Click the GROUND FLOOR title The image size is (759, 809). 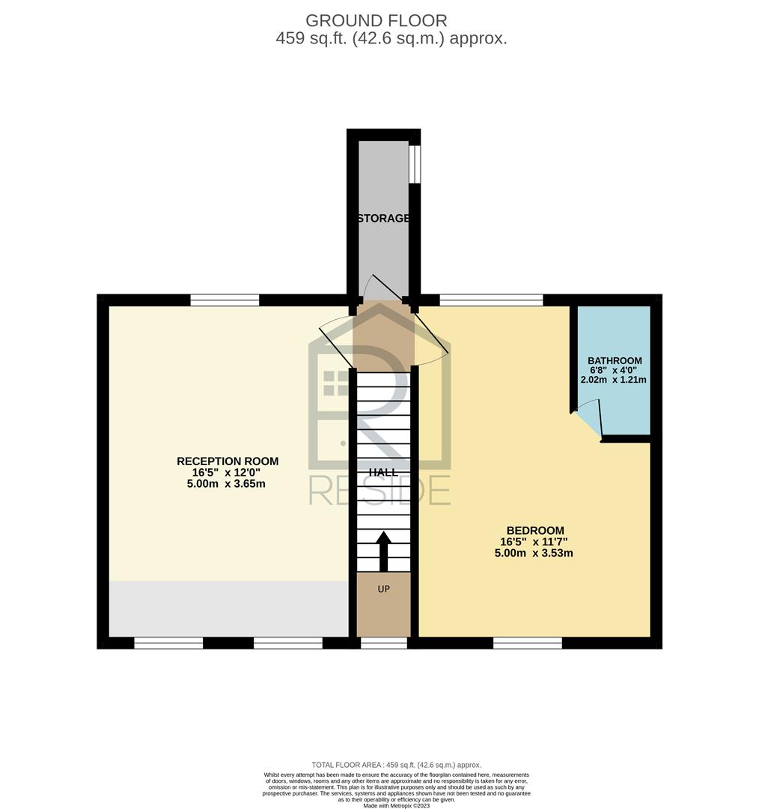coord(377,21)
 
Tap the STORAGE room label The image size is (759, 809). coord(384,218)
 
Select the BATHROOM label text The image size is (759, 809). coord(615,360)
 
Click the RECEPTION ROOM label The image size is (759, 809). coord(228,461)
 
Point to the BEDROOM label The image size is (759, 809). coord(535,530)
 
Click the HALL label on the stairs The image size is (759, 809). coord(383,472)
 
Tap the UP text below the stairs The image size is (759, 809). coord(384,589)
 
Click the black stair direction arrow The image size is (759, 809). coord(384,551)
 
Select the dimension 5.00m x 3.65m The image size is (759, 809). coord(226,484)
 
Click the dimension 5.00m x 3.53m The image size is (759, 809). coord(534,553)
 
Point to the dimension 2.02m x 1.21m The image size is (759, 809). coord(614,380)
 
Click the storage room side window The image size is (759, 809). coord(415,163)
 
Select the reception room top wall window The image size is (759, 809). coord(225,300)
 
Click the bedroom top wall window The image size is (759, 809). coord(491,300)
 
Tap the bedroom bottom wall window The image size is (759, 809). coord(528,643)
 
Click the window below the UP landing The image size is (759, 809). coord(384,643)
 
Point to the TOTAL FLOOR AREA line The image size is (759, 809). coord(396,765)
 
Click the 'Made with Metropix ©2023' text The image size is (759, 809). coord(397,805)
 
